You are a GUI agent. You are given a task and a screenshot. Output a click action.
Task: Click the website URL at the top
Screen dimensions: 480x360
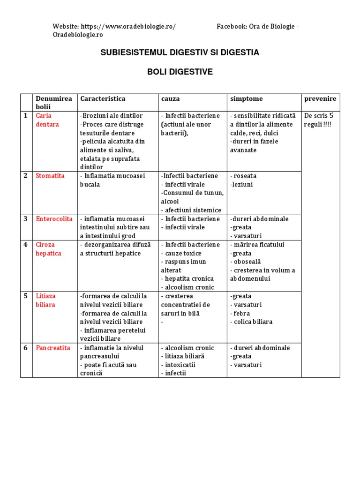coord(128,27)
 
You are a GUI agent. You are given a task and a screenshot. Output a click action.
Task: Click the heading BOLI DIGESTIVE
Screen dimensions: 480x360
coord(180,72)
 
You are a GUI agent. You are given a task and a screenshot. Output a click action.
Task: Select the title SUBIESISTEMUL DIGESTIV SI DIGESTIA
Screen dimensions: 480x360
coord(180,52)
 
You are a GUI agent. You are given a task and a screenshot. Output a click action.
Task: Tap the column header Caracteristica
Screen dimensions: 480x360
coord(103,99)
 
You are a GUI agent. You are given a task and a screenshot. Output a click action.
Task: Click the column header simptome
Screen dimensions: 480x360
coord(247,99)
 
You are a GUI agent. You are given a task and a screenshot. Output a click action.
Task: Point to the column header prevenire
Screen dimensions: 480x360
coord(320,99)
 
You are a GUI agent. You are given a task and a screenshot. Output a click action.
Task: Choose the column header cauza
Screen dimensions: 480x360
coord(171,99)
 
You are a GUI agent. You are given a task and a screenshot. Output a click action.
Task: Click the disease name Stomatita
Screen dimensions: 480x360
coord(50,176)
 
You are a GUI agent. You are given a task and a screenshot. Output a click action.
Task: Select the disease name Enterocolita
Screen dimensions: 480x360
coord(53,219)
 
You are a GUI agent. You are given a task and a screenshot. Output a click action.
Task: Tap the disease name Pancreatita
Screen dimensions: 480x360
coord(53,348)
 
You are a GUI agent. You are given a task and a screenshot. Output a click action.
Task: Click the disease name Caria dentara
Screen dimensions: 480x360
coord(47,120)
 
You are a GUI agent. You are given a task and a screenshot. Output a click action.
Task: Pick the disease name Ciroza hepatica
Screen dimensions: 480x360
coord(48,249)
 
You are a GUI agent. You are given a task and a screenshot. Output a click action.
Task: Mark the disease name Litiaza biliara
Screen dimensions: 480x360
coord(45,300)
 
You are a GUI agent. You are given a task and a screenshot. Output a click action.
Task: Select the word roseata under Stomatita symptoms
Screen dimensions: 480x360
coord(244,176)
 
